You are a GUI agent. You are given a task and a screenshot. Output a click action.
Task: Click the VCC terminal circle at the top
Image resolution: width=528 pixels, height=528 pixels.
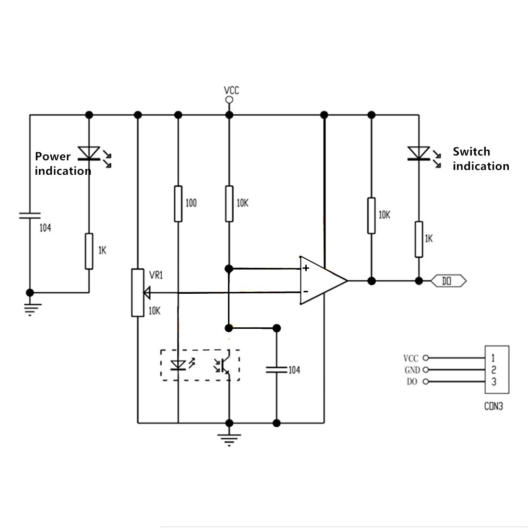(x=229, y=100)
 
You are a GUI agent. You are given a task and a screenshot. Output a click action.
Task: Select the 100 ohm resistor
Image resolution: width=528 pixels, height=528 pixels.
(x=178, y=204)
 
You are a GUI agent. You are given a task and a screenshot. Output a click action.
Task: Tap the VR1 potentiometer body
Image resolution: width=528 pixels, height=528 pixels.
(x=137, y=293)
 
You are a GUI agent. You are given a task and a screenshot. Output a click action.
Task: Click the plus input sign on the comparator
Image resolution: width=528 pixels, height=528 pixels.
(x=306, y=268)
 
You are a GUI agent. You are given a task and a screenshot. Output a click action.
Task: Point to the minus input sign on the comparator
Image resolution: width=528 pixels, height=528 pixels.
(x=306, y=292)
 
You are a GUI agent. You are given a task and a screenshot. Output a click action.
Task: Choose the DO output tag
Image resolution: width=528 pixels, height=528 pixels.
(x=448, y=281)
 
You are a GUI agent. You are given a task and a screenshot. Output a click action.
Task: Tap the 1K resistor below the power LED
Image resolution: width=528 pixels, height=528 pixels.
(x=89, y=251)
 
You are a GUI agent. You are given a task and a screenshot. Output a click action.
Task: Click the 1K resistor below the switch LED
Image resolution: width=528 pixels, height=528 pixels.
(x=419, y=240)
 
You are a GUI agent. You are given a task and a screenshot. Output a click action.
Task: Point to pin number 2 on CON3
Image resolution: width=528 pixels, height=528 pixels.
(x=493, y=370)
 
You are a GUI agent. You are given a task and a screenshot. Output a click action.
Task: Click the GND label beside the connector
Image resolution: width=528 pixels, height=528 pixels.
(x=412, y=370)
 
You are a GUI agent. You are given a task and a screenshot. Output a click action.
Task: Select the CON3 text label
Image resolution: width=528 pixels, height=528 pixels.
(x=493, y=407)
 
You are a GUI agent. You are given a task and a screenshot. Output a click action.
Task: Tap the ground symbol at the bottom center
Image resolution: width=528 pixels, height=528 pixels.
(x=229, y=439)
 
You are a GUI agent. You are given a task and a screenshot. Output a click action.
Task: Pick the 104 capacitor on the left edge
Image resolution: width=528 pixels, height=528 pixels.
(x=30, y=216)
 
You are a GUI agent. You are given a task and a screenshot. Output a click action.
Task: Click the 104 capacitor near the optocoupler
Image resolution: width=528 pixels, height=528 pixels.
(x=276, y=370)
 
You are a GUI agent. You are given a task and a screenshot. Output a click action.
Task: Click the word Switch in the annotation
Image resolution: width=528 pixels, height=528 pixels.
(x=471, y=152)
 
